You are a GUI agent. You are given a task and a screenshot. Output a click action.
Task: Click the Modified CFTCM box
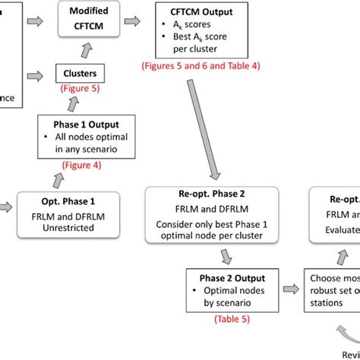click(88, 20)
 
